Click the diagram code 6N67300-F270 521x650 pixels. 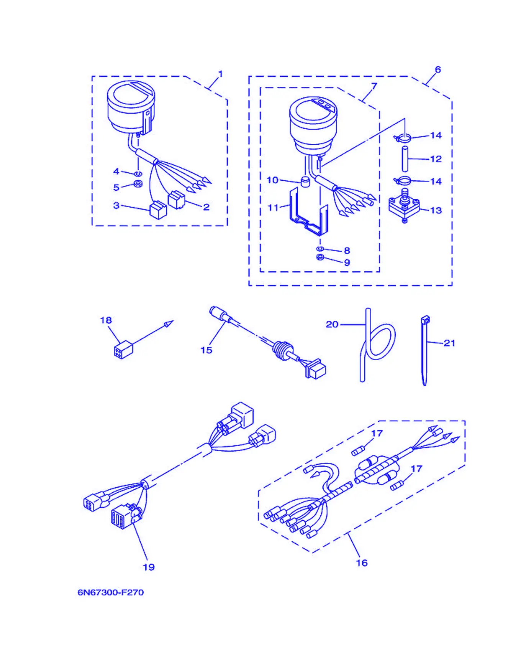point(111,592)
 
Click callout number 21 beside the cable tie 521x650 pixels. point(449,343)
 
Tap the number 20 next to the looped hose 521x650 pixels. point(332,324)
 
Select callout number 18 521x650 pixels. point(106,320)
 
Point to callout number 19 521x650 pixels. point(149,567)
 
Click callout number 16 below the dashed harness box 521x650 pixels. point(362,563)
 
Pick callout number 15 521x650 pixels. point(206,350)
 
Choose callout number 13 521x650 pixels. point(436,210)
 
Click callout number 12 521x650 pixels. point(436,159)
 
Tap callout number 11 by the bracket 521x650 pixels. point(273,208)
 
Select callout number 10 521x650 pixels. point(272,180)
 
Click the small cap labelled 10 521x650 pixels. point(305,181)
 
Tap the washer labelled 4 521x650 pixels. point(138,174)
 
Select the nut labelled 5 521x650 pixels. point(138,183)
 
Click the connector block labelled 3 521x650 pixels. point(158,210)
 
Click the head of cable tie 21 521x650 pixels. point(425,320)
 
